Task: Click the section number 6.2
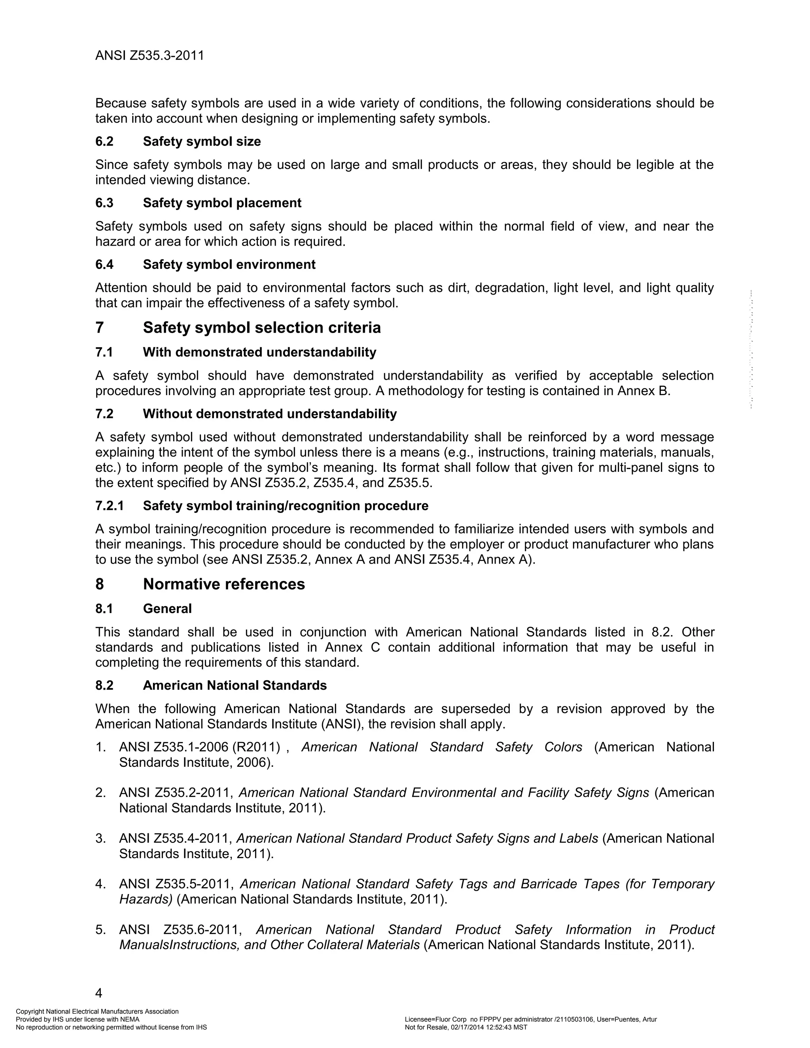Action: (x=104, y=142)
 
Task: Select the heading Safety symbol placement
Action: (x=222, y=203)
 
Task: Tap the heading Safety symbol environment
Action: (x=229, y=265)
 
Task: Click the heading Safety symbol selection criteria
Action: (x=261, y=328)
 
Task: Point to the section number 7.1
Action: (x=104, y=352)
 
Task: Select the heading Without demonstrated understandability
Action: (x=270, y=414)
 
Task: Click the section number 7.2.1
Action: (x=110, y=506)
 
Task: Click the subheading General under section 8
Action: (x=167, y=609)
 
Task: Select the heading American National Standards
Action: (x=235, y=685)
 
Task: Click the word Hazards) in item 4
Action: (x=146, y=899)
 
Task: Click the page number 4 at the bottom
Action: (x=99, y=992)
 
